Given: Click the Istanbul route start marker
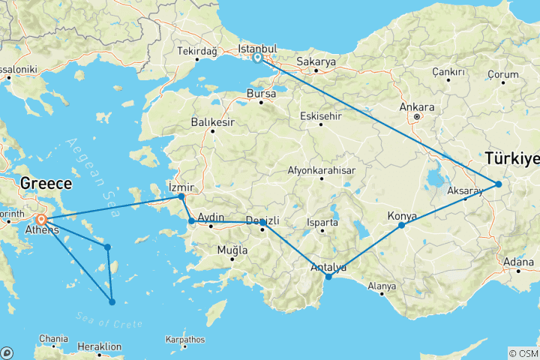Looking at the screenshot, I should (257, 58).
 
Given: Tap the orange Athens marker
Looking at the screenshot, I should (42, 220).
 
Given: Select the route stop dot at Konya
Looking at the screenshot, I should (401, 225).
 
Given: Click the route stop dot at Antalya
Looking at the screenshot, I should (328, 277).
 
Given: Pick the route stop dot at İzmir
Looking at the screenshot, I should (181, 196).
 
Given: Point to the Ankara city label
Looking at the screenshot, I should (416, 106).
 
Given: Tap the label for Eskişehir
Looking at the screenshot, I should (320, 115).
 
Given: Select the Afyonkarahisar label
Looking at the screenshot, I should (321, 170).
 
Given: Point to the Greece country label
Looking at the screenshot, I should (46, 183).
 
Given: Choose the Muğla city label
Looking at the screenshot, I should (231, 250).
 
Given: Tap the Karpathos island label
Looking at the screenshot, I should (185, 340).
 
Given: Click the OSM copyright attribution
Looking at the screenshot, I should (523, 353).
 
